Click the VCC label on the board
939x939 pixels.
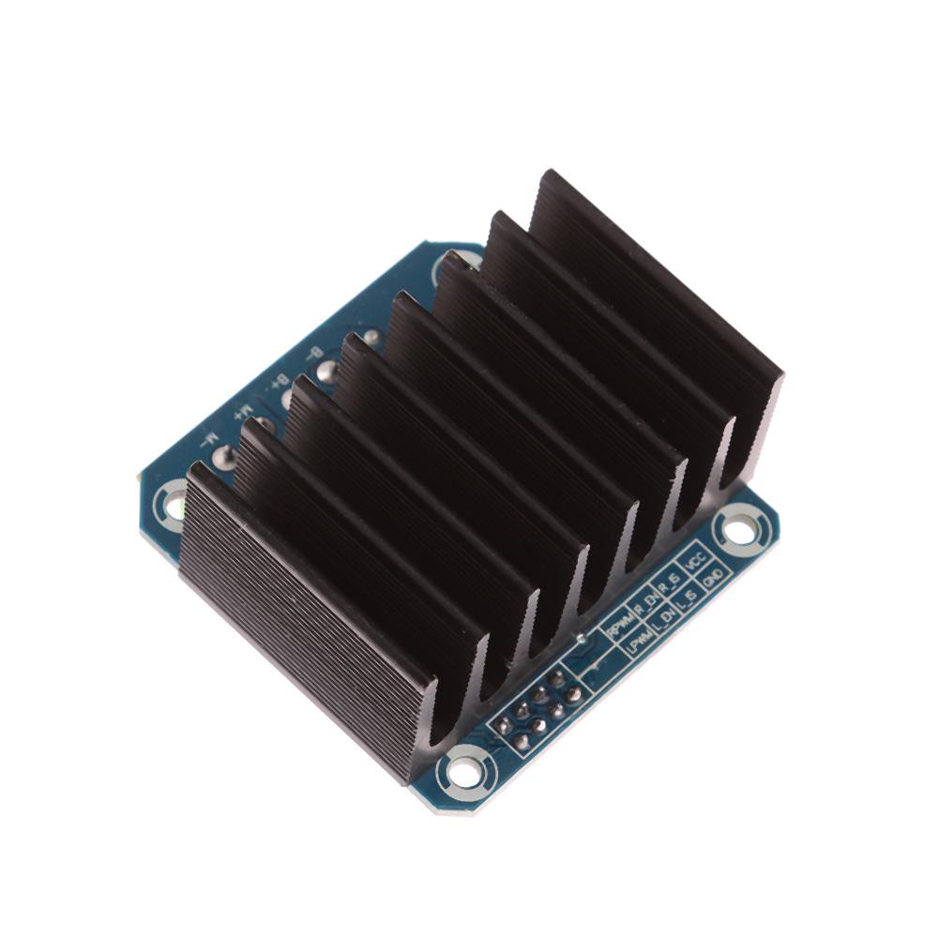tap(695, 559)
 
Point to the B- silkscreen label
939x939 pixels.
tap(312, 355)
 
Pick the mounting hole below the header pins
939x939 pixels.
tap(462, 772)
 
